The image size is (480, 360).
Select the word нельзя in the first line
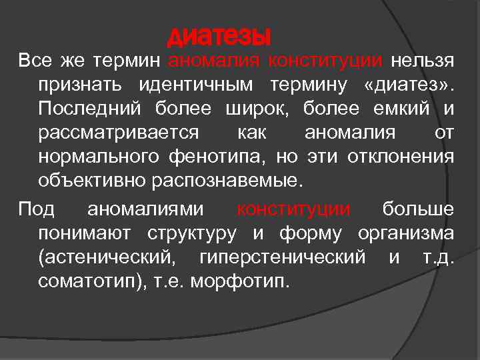pos(423,62)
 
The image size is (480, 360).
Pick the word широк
pos(263,109)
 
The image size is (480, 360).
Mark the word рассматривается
pos(117,133)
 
